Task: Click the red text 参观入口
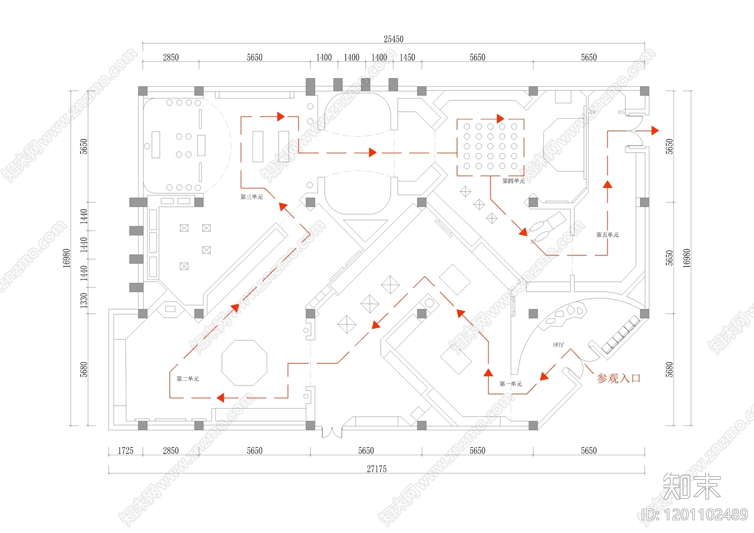tap(618, 378)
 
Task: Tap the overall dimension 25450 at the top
tap(393, 39)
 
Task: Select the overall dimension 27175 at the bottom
tap(377, 469)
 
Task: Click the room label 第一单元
tap(511, 384)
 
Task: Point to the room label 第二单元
tap(188, 379)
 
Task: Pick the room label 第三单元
tap(252, 197)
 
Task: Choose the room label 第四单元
tap(513, 181)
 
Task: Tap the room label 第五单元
tap(607, 235)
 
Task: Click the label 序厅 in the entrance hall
tap(558, 345)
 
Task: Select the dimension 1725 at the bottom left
tap(125, 451)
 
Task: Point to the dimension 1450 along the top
tap(407, 57)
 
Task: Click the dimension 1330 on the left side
tap(83, 300)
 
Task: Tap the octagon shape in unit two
tap(244, 363)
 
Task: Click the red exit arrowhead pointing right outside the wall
tap(655, 131)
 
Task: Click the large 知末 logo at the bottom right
tap(692, 486)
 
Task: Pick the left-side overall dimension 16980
tap(66, 258)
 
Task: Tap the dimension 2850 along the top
tap(171, 57)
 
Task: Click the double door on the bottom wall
tap(331, 432)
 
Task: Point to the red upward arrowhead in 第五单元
tap(607, 184)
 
